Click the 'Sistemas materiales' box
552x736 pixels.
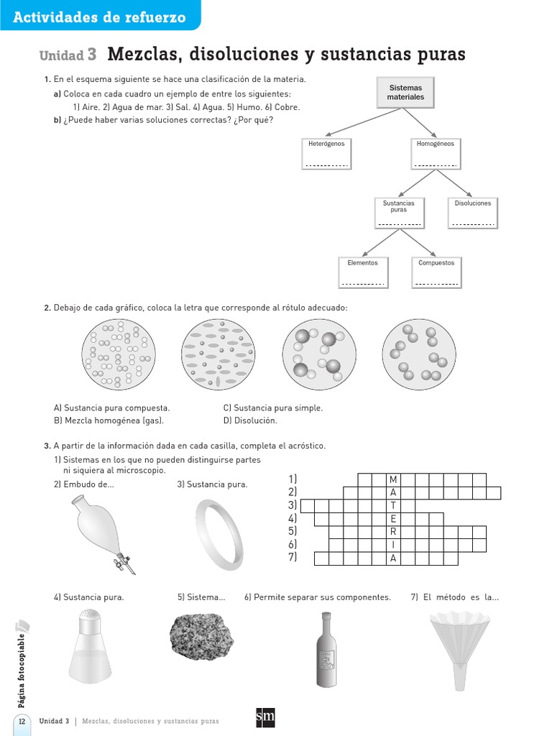tap(405, 92)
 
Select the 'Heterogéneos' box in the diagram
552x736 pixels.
tap(326, 153)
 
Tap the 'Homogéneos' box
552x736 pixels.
tap(435, 153)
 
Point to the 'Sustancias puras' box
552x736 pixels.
tap(398, 213)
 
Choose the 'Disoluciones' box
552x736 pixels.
tap(473, 213)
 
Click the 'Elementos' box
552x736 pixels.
tap(362, 272)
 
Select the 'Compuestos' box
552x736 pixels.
tap(436, 272)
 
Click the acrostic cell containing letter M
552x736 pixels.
tap(393, 479)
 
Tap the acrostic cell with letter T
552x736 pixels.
tap(393, 505)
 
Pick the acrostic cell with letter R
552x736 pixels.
tap(393, 532)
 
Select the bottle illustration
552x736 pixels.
tap(326, 650)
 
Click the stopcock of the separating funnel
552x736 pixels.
tap(123, 560)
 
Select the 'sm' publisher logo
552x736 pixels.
tap(265, 718)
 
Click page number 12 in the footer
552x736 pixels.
tap(22, 721)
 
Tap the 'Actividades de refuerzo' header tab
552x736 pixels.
tap(99, 17)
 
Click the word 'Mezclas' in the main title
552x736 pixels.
tap(146, 55)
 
